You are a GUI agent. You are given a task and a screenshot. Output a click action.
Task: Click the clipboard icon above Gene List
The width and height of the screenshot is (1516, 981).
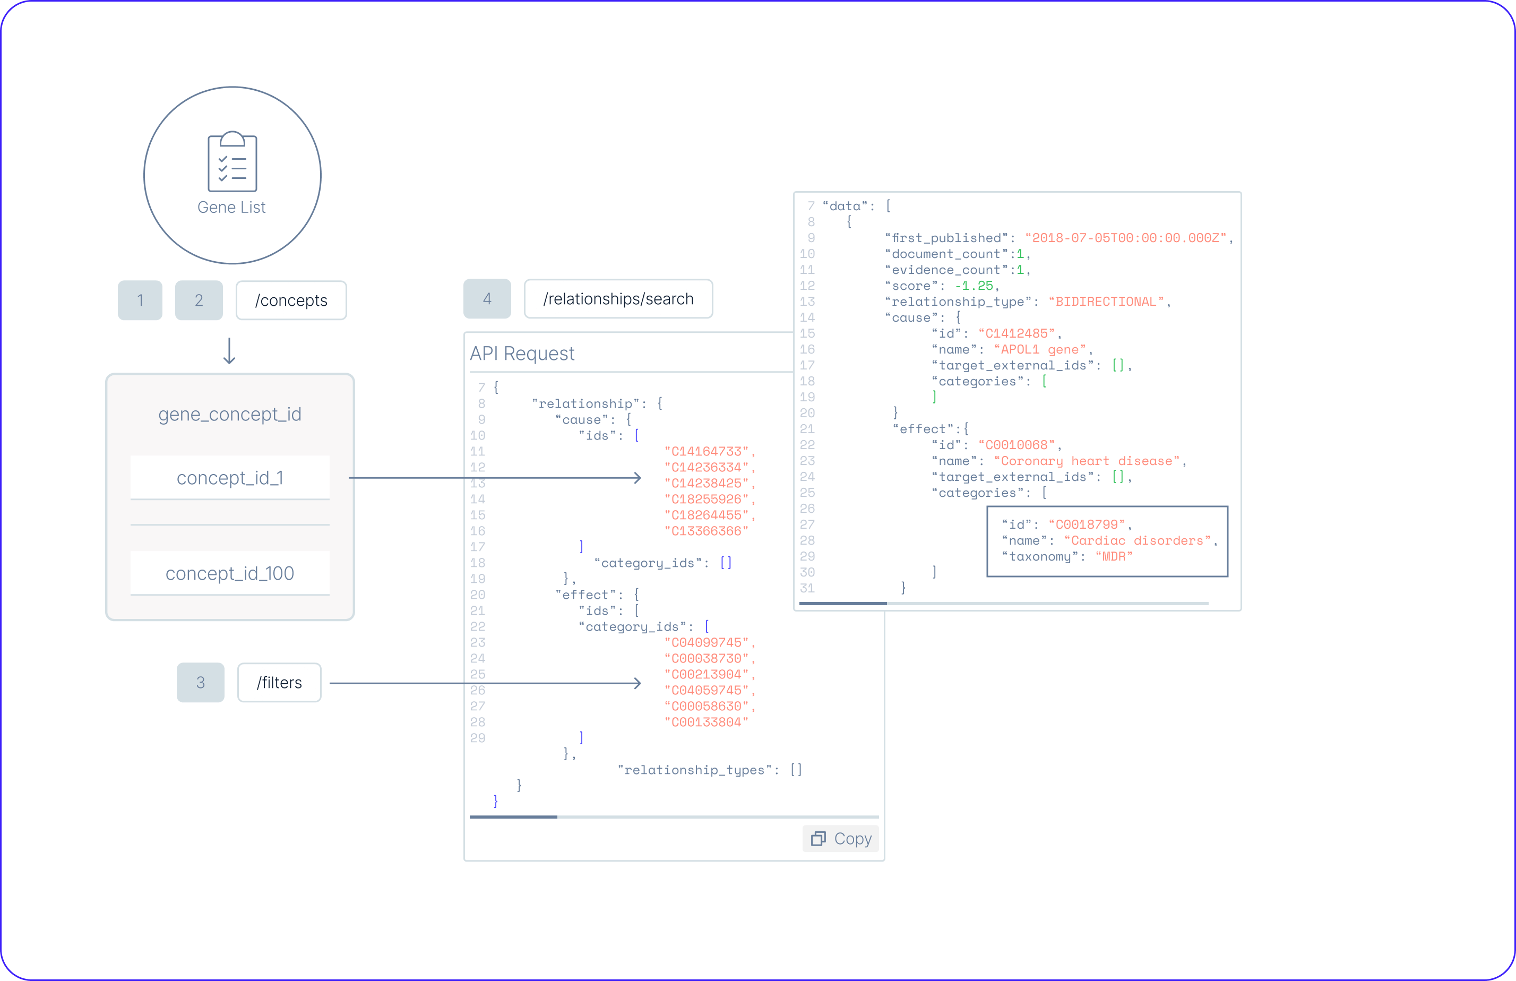232,162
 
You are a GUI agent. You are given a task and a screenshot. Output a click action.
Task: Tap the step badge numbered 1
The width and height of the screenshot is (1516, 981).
140,300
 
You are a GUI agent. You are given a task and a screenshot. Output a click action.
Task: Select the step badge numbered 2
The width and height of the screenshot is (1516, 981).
199,300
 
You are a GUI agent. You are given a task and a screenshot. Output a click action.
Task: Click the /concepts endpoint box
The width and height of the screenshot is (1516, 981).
291,300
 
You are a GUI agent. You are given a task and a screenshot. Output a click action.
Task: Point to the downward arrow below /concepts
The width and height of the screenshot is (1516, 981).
229,351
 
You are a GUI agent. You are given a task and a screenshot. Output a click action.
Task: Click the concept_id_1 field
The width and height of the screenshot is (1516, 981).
230,478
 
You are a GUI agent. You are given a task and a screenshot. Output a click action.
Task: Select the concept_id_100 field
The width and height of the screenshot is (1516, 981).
230,573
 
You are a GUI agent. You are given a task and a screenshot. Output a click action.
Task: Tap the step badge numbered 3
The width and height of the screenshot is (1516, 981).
201,682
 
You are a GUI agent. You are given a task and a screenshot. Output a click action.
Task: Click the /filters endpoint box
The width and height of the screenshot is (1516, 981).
279,682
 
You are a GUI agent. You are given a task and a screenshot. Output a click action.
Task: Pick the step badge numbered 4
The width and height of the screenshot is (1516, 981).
487,299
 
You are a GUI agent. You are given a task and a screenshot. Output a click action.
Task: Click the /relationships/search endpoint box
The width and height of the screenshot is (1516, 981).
618,299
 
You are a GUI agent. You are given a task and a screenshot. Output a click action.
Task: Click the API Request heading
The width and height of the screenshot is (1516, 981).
522,354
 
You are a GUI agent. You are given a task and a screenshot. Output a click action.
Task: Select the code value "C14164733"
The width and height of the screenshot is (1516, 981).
707,452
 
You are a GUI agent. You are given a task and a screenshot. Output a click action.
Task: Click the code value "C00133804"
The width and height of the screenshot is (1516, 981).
707,722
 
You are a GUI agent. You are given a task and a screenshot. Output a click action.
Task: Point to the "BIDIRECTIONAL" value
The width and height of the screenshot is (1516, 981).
1106,302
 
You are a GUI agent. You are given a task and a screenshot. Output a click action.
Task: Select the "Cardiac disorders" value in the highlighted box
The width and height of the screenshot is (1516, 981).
1137,541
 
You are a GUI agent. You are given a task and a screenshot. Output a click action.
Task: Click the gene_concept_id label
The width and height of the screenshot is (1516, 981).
230,415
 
